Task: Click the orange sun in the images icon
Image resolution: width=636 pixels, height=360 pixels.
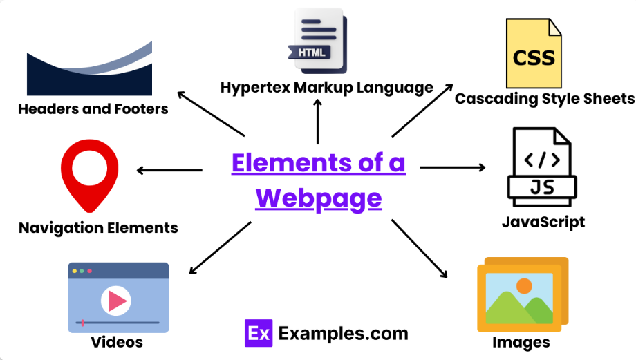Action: [524, 285]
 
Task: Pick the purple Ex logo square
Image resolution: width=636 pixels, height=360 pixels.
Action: [259, 334]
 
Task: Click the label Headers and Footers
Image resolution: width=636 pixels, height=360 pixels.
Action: [93, 108]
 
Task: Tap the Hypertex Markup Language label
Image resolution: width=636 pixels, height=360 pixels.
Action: [326, 88]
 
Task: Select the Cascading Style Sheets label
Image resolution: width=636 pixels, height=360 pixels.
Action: [544, 98]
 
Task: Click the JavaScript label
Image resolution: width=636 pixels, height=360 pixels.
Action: [543, 222]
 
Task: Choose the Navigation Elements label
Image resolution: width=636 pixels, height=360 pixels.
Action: [98, 227]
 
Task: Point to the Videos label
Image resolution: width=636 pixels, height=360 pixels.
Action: [117, 342]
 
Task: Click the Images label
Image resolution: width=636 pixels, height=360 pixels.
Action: [521, 342]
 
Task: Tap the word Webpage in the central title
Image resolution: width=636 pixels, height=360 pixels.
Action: [319, 198]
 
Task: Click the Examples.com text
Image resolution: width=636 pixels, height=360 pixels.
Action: [344, 334]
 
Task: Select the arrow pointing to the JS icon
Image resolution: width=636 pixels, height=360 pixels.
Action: [452, 167]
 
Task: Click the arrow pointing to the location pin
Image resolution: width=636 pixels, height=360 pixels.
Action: [169, 170]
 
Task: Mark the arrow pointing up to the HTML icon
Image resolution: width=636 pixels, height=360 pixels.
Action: [317, 120]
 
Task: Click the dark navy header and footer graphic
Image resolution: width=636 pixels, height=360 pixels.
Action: [89, 72]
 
